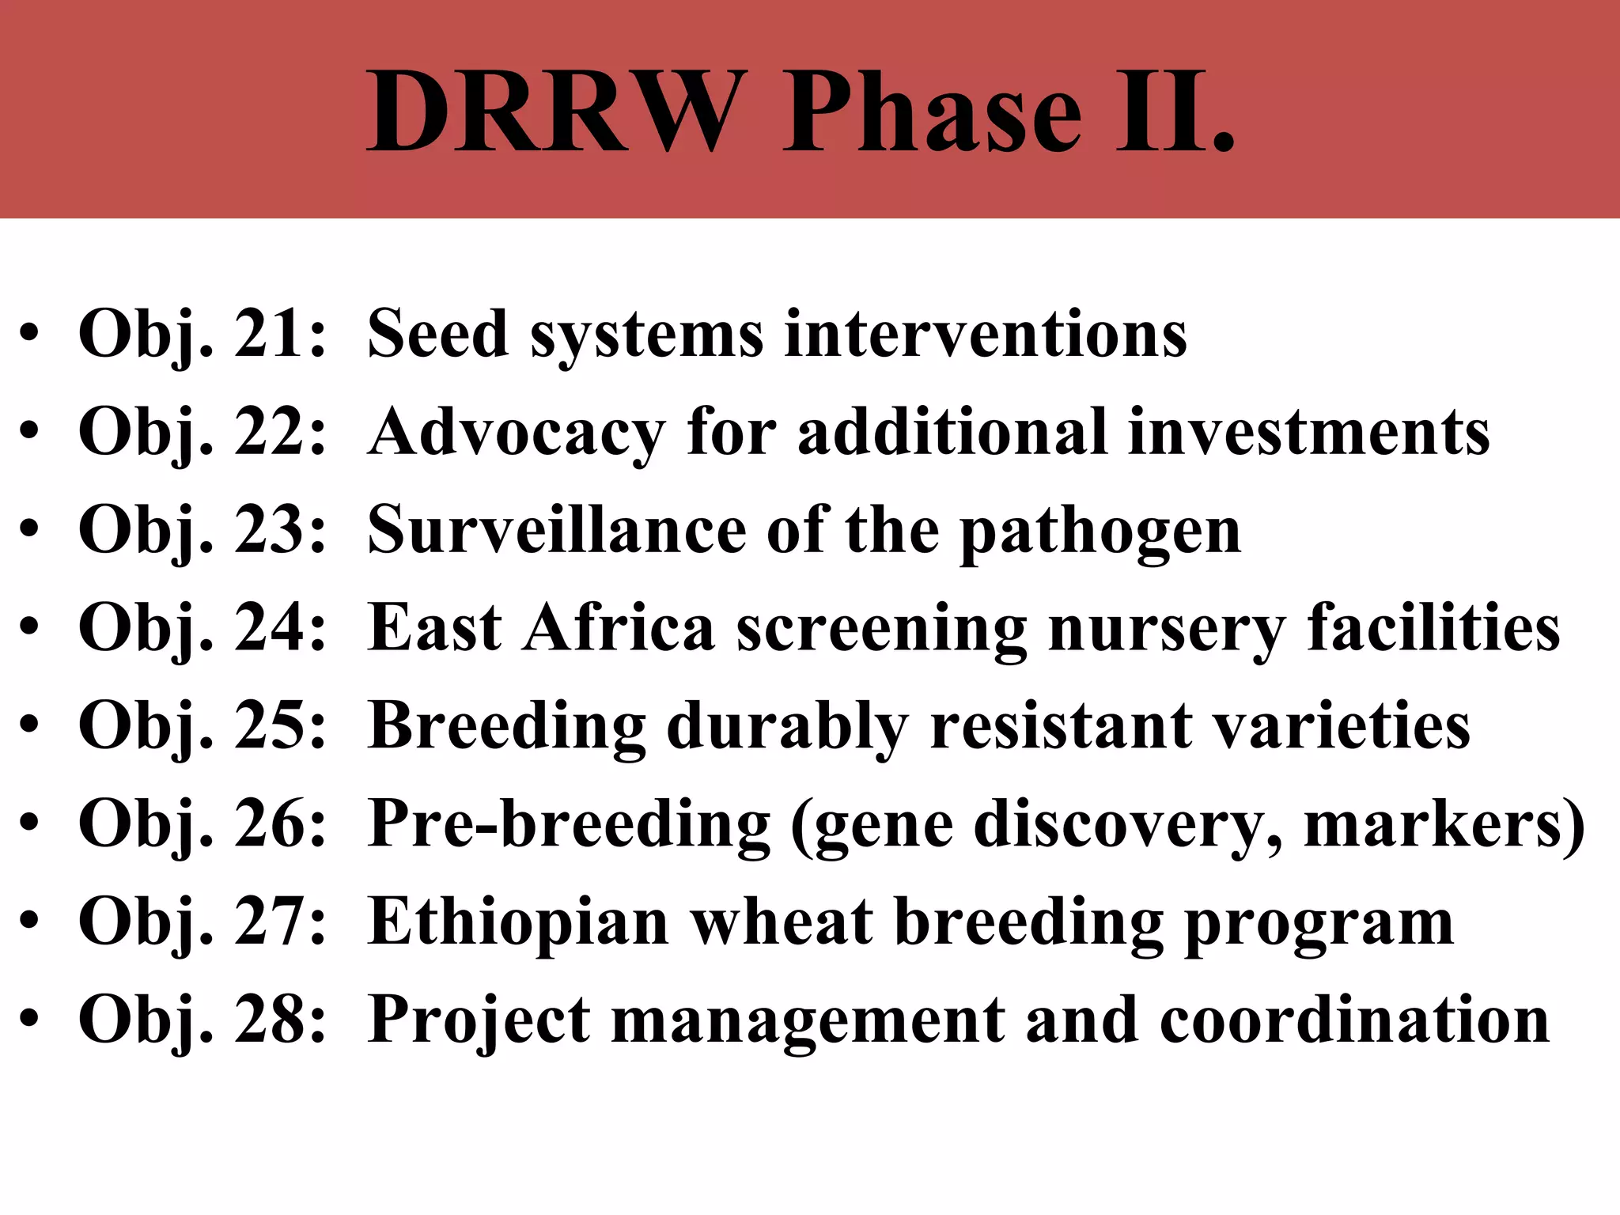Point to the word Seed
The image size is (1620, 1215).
(x=437, y=334)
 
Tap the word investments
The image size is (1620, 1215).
(x=1309, y=432)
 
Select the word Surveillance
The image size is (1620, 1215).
(x=557, y=530)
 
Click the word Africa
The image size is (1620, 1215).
(x=619, y=628)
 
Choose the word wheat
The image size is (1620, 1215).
(x=782, y=922)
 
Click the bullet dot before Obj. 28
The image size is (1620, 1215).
(x=29, y=1020)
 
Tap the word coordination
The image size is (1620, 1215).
(x=1354, y=1020)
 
